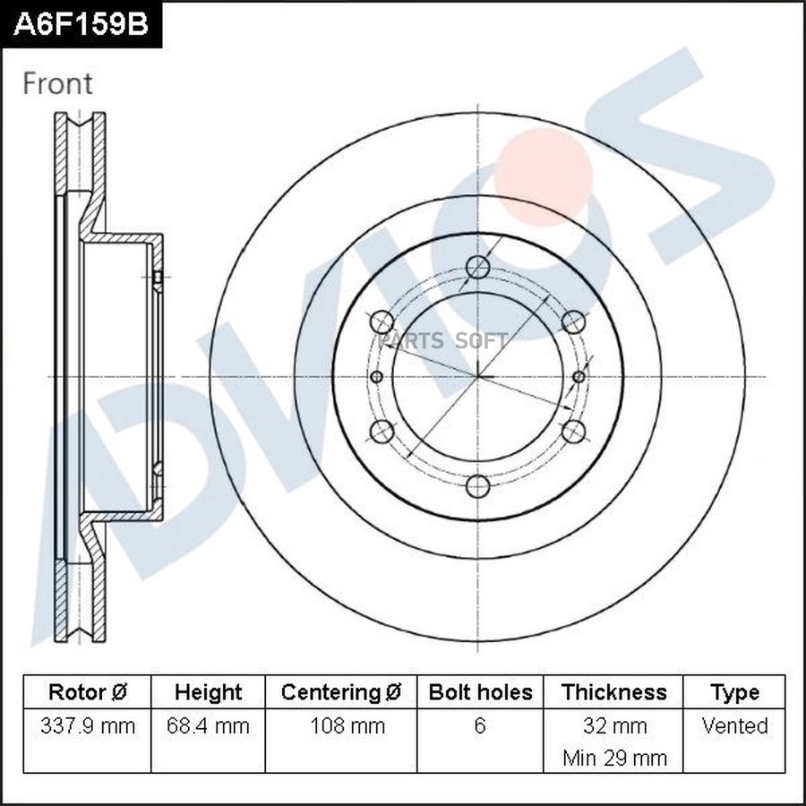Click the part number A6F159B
[x=81, y=24]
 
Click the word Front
[x=57, y=84]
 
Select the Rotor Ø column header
[x=87, y=692]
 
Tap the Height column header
[x=208, y=692]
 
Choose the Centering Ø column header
[x=341, y=692]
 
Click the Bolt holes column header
[x=480, y=692]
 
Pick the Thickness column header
[x=614, y=692]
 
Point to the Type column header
[x=734, y=692]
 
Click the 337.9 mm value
[x=88, y=725]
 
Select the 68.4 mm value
[x=208, y=725]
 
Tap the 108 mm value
[x=341, y=725]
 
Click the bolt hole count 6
[x=480, y=725]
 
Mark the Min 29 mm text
[x=614, y=758]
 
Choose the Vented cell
[x=734, y=725]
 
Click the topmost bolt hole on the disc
[x=479, y=267]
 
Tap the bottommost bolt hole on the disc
[x=479, y=486]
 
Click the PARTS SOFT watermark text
[x=443, y=340]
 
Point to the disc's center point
[x=479, y=376]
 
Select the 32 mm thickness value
[x=614, y=725]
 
